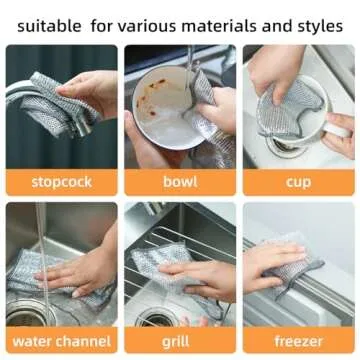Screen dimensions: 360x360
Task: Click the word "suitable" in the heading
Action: pyautogui.click(x=46, y=21)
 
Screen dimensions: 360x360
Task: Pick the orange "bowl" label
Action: pyautogui.click(x=180, y=182)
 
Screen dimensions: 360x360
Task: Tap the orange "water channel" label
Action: pyautogui.click(x=61, y=340)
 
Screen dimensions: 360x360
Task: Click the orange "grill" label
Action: pyautogui.click(x=180, y=340)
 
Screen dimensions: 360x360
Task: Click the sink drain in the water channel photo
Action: pyautogui.click(x=24, y=316)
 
